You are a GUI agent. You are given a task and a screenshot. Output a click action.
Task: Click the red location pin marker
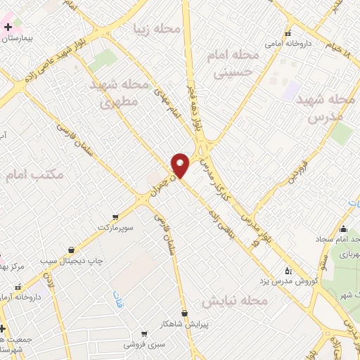(180, 165)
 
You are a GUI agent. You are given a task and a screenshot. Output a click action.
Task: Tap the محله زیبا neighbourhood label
(160, 29)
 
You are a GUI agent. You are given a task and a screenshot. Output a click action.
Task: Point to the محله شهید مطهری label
(120, 93)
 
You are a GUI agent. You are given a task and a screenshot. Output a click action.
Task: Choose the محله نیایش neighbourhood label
(236, 301)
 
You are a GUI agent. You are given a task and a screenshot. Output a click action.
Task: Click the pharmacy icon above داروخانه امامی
(287, 34)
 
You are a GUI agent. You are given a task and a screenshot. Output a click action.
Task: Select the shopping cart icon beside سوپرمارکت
(115, 217)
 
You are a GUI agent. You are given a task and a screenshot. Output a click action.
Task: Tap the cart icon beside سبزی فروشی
(144, 334)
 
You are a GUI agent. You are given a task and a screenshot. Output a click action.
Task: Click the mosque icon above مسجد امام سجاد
(343, 229)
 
